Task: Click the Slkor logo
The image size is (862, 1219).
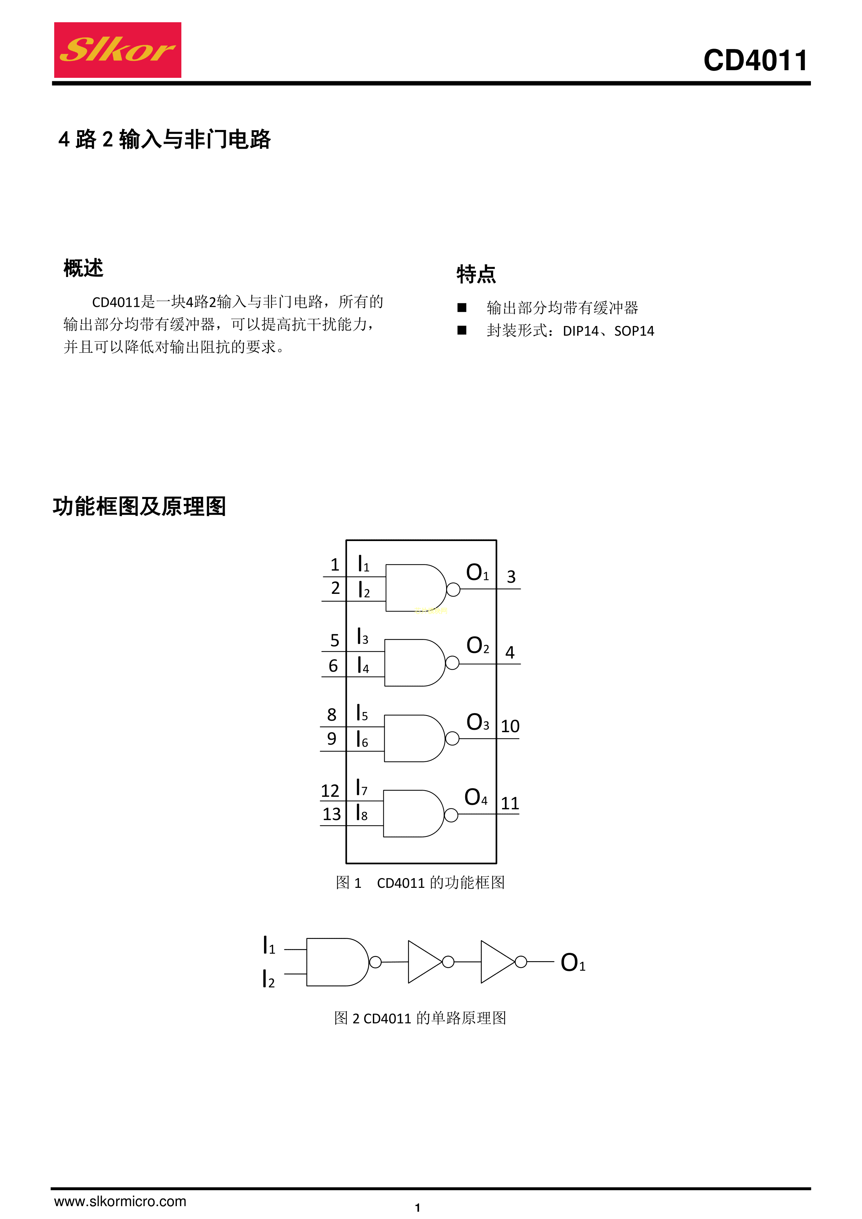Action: coord(117,50)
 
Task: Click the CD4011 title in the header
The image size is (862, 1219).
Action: coord(755,60)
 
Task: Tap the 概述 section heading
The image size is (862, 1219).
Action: coord(83,268)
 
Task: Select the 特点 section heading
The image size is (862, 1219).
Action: coord(476,274)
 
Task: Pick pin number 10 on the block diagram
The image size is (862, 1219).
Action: coord(510,726)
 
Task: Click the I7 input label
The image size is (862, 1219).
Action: coord(361,787)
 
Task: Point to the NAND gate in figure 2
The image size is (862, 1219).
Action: coord(338,962)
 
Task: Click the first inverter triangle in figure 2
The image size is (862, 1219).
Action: coord(425,962)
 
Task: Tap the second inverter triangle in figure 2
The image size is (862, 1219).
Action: coord(497,962)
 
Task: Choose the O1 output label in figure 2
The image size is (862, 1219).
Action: coord(573,963)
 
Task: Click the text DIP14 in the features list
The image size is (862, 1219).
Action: coord(581,331)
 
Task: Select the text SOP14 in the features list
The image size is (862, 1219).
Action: coord(634,331)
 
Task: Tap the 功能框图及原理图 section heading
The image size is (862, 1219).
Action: coord(140,506)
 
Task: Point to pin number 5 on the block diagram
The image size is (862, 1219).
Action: coord(334,640)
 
